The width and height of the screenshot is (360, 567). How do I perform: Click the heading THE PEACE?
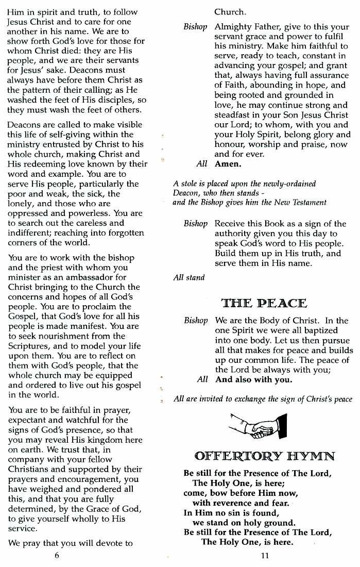(264, 303)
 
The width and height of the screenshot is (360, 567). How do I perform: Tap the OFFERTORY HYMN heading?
(265, 456)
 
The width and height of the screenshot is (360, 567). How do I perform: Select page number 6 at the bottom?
(57, 555)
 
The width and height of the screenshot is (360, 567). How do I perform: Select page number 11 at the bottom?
(265, 555)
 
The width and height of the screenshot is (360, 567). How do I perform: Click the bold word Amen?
(228, 164)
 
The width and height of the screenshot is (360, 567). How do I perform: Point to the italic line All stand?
(189, 278)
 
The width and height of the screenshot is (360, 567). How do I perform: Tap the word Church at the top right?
(230, 11)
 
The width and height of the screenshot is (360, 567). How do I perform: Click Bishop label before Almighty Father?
(195, 26)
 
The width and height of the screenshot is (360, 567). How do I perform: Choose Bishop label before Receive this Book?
(195, 224)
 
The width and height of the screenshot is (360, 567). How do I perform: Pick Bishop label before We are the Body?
(196, 321)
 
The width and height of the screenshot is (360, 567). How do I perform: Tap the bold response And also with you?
(253, 380)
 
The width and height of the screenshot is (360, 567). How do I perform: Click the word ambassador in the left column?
(75, 277)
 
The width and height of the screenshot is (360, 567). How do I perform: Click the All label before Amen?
(202, 164)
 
